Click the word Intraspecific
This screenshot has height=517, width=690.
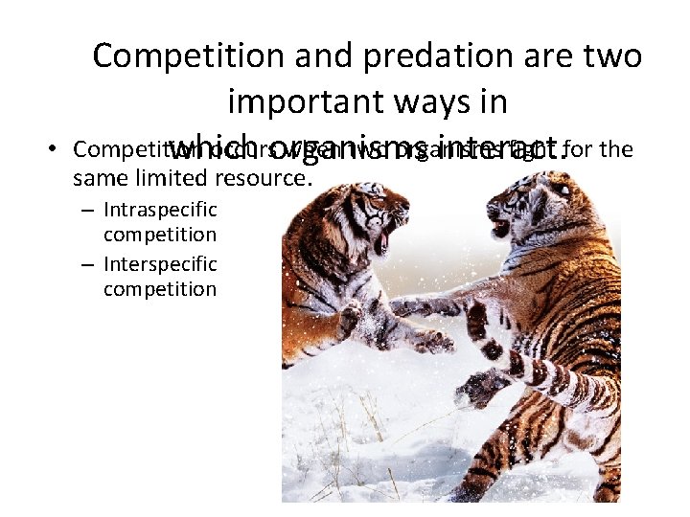coord(160,209)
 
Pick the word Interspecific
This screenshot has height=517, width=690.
coord(160,263)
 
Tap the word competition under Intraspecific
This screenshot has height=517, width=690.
coord(160,235)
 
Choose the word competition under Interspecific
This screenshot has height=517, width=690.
coord(160,289)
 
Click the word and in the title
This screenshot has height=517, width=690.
coord(329,57)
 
